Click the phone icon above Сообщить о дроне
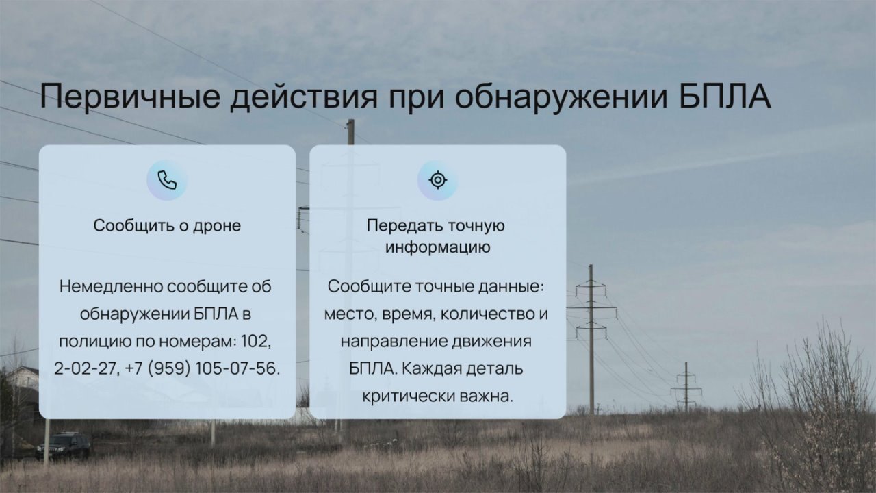[x=167, y=180]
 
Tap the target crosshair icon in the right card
[x=437, y=180]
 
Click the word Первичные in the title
[x=129, y=97]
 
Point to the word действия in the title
[x=304, y=97]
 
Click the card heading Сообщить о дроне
[x=167, y=225]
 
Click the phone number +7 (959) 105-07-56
[x=202, y=368]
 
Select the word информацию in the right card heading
[x=437, y=247]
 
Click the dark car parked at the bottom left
[x=63, y=446]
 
